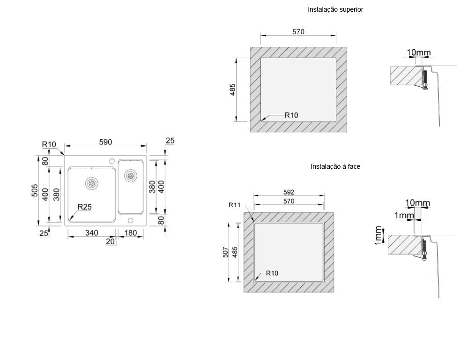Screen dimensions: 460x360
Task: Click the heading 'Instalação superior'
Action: (x=335, y=10)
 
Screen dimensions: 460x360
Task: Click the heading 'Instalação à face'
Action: (x=335, y=166)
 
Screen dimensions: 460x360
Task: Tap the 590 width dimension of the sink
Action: (x=105, y=142)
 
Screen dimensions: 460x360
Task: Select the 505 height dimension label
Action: (x=35, y=191)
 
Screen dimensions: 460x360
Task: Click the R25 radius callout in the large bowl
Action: (x=84, y=207)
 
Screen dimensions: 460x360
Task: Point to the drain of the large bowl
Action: (x=91, y=183)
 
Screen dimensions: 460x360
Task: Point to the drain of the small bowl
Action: (x=130, y=176)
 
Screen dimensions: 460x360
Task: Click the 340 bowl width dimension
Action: (x=91, y=233)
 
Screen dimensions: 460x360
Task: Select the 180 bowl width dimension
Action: (x=131, y=233)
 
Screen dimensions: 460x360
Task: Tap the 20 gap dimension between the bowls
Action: (x=110, y=241)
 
